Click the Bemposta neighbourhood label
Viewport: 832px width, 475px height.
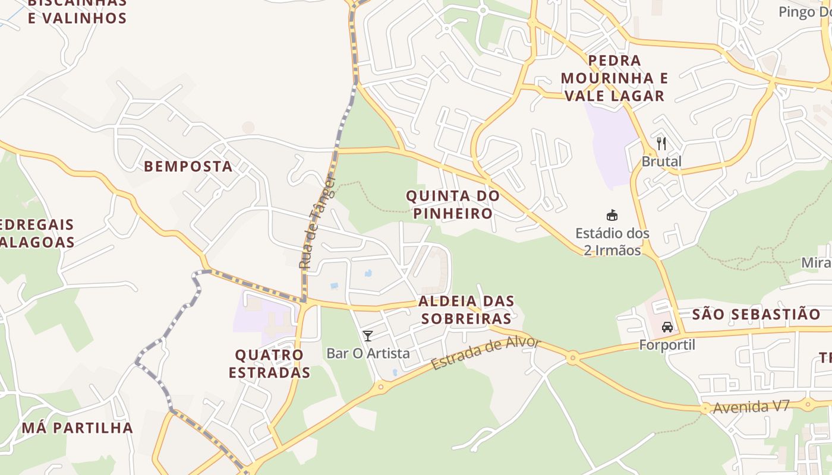coord(188,166)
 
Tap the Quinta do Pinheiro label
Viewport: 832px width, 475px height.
coord(452,204)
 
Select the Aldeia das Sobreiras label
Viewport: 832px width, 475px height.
coord(467,310)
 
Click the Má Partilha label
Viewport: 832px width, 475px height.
coord(77,427)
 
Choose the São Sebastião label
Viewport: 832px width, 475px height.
coord(757,314)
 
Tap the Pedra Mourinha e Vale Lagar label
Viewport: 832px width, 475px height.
coord(614,78)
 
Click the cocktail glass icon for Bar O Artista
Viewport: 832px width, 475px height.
coord(368,336)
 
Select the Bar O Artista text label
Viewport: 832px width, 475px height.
coord(368,353)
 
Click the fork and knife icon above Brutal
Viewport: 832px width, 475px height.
coord(661,143)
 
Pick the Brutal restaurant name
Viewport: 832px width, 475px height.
coord(661,161)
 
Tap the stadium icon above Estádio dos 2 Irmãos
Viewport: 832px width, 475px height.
coord(612,215)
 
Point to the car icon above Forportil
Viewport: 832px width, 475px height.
coord(667,327)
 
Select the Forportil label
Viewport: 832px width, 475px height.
coord(667,344)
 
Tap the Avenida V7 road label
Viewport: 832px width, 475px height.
coord(751,407)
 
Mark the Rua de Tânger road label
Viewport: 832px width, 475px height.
coord(318,223)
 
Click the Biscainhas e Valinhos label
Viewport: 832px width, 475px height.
coord(77,10)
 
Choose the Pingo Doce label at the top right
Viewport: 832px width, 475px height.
coord(805,11)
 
